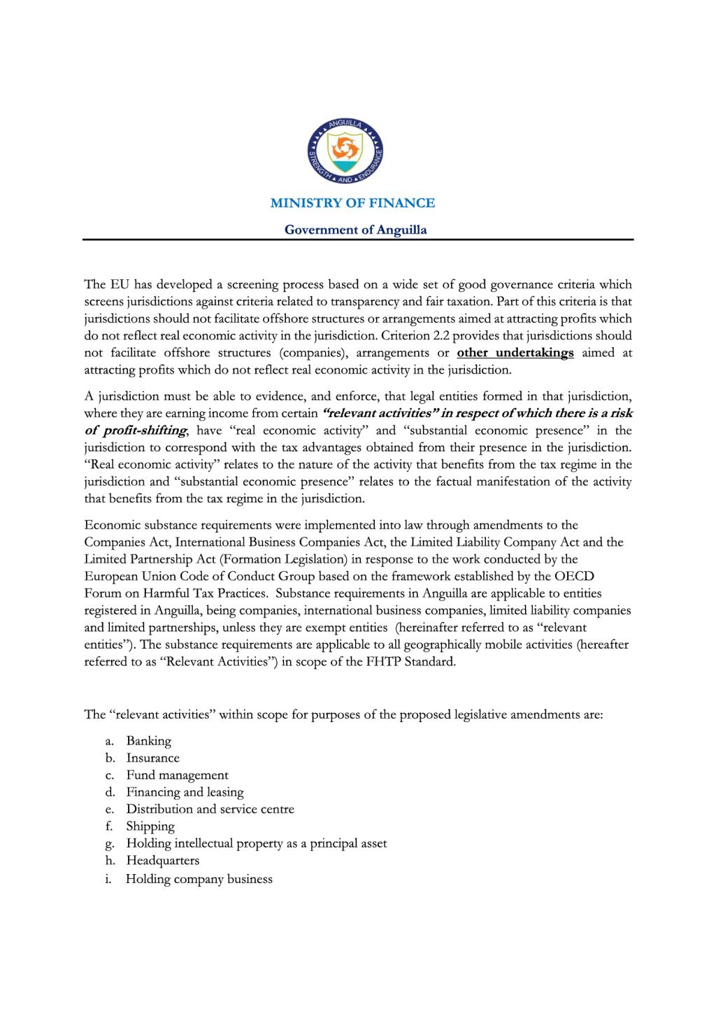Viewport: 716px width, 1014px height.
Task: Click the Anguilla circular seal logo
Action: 345,151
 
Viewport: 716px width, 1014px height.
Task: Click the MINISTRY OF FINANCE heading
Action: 352,203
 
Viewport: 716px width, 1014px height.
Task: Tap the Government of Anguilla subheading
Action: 355,230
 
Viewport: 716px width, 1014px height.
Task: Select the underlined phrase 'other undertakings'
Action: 515,353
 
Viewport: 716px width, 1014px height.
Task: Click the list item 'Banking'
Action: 148,741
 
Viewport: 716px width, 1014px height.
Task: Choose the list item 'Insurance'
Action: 152,758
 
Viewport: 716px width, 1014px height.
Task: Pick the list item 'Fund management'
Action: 177,775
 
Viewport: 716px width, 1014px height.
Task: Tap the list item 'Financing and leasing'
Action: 185,792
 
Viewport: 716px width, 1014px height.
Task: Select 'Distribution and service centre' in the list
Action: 210,809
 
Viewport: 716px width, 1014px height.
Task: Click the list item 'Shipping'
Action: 150,826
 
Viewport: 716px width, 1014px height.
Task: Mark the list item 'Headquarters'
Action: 162,861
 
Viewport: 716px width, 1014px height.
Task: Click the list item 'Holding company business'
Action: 199,879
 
